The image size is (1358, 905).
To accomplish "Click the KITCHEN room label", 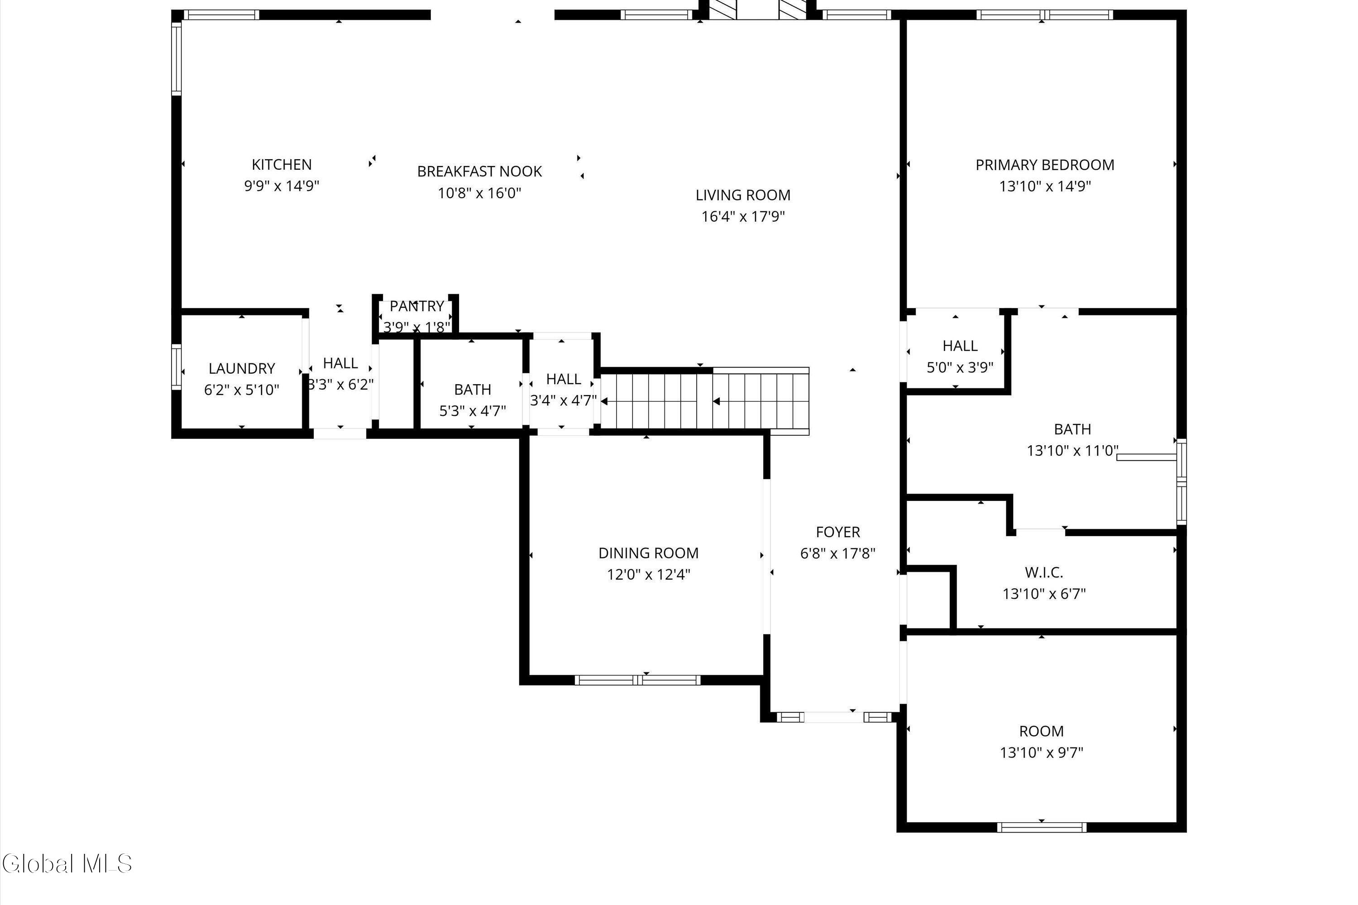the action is (282, 165).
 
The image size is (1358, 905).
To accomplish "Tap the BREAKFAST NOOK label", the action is (480, 171).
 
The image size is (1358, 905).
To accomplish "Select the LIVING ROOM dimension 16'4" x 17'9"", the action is (743, 216).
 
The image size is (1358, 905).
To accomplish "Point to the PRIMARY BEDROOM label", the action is (1045, 165).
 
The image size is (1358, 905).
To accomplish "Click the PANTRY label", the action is (417, 306).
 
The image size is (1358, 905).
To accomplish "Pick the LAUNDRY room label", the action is (242, 368).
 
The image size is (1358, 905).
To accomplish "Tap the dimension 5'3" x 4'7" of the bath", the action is (473, 411).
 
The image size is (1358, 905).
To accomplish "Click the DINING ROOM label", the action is (648, 553).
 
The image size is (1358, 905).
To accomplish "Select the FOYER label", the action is (838, 532).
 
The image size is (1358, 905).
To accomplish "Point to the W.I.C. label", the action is (1044, 572).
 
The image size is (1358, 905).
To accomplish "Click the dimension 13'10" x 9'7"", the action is (1042, 753).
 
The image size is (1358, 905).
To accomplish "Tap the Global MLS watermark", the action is (67, 863).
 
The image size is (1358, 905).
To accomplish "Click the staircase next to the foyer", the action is (704, 401).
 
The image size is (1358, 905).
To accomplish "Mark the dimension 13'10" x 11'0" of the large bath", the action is (1073, 451).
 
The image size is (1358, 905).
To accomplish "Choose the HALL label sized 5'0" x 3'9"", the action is (960, 346).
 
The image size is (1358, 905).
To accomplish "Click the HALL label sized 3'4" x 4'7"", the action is (564, 379).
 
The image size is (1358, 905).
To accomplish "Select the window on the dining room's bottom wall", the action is (637, 680).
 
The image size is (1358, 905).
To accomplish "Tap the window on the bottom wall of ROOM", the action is (1042, 827).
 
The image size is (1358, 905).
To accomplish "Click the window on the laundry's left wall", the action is (177, 367).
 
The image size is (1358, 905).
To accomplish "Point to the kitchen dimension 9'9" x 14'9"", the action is (282, 186).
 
